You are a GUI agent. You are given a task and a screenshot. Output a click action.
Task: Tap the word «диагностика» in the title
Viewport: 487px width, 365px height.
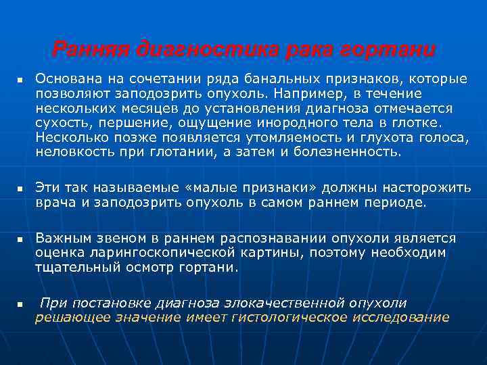(x=197, y=49)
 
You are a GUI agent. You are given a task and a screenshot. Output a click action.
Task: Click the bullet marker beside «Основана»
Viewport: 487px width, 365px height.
(x=21, y=81)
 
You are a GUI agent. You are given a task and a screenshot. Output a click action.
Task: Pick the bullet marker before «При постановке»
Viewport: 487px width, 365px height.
(x=21, y=304)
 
